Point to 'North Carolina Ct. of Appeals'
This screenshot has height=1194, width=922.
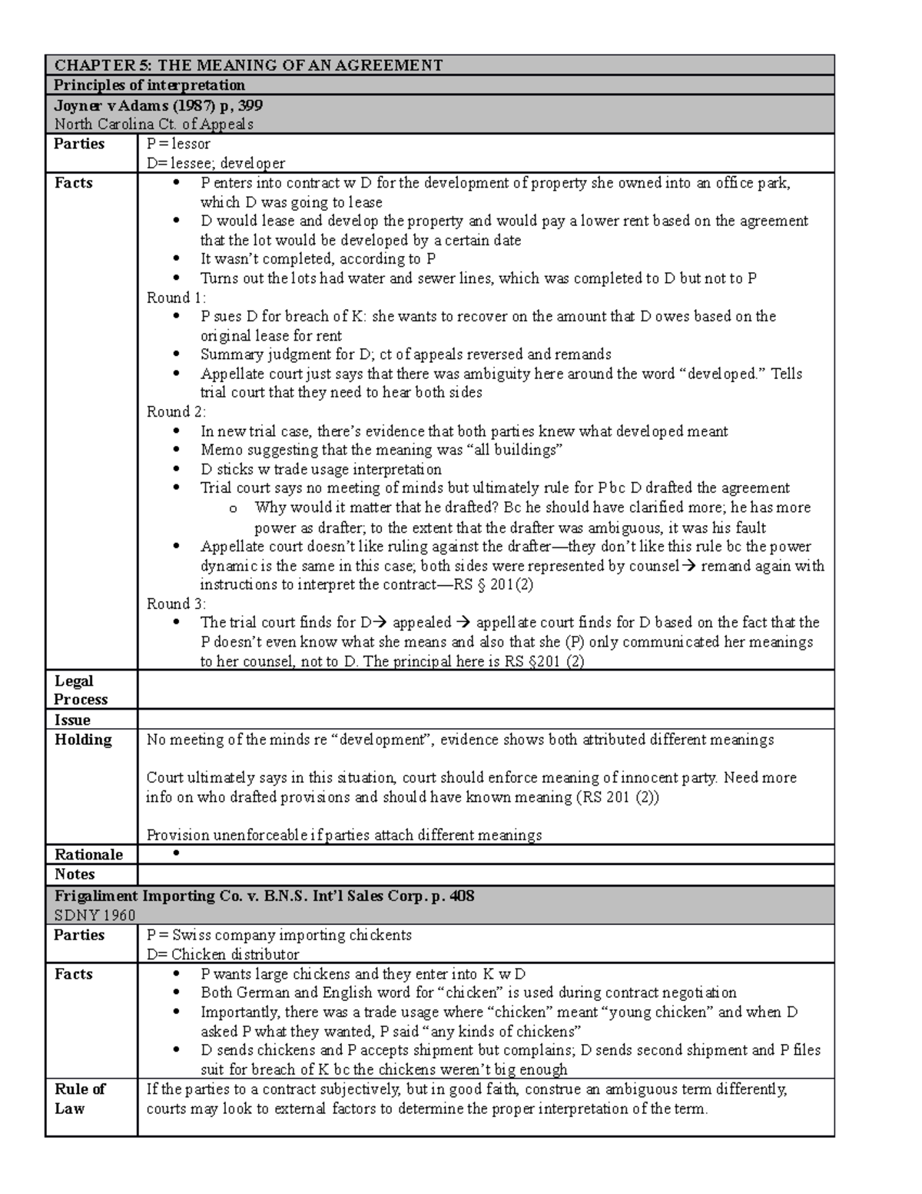(x=154, y=125)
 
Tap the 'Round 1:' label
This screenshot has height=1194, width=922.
(x=176, y=298)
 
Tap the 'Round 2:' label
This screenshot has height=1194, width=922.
(x=176, y=411)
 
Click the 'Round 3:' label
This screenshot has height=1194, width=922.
(x=176, y=604)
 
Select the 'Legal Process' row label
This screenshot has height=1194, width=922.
(x=81, y=690)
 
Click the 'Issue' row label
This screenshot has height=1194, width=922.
(x=72, y=720)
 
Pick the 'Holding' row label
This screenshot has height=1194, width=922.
(x=83, y=740)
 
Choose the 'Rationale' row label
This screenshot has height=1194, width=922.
(x=88, y=854)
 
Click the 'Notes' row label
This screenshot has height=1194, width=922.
(x=75, y=874)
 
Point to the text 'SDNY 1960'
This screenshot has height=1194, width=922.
(x=95, y=915)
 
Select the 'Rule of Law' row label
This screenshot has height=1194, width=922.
(x=79, y=1099)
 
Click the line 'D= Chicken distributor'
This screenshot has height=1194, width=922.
(x=223, y=954)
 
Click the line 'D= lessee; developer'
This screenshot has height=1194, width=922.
(x=216, y=163)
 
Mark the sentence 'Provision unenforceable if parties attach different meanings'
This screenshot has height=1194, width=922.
(x=343, y=835)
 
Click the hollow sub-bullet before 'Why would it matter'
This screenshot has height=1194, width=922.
(x=234, y=508)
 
